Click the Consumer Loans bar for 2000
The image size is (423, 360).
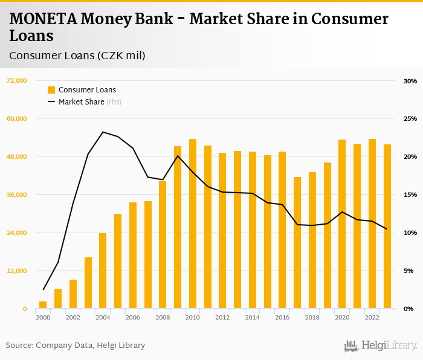pyautogui.click(x=43, y=305)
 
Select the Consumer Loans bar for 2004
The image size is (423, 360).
pyautogui.click(x=103, y=271)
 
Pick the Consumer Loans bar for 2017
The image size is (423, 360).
pyautogui.click(x=297, y=243)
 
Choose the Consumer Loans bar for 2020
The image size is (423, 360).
pyautogui.click(x=342, y=224)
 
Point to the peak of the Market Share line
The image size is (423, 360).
pyautogui.click(x=103, y=132)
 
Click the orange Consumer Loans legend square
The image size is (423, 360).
pyautogui.click(x=51, y=90)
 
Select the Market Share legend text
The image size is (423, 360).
pyautogui.click(x=81, y=102)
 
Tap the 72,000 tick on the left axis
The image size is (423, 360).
pyautogui.click(x=17, y=81)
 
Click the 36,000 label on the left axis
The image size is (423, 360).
pyautogui.click(x=17, y=194)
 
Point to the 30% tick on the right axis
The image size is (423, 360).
pyautogui.click(x=410, y=81)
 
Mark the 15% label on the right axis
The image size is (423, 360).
pyautogui.click(x=410, y=194)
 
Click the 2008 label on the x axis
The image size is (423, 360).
pyautogui.click(x=163, y=317)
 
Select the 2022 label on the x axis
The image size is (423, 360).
pyautogui.click(x=372, y=317)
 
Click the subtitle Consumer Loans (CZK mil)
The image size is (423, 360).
pyautogui.click(x=77, y=56)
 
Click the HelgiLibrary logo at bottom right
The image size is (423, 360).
pyautogui.click(x=381, y=346)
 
